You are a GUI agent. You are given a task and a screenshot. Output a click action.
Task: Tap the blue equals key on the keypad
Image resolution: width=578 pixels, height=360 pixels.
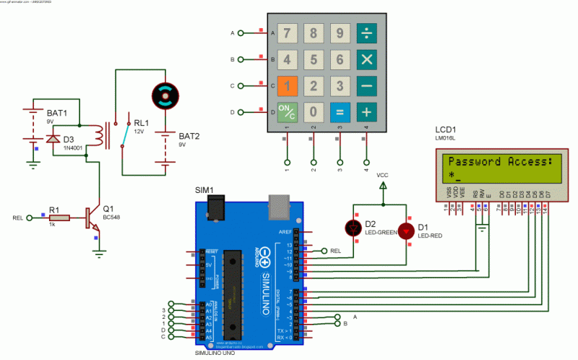(340, 112)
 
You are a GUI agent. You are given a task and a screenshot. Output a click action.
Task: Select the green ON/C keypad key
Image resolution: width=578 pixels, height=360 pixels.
(287, 112)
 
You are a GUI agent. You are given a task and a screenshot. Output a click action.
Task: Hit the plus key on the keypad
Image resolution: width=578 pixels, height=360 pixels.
(366, 112)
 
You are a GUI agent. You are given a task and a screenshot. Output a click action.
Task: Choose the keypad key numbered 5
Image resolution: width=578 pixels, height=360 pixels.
(313, 59)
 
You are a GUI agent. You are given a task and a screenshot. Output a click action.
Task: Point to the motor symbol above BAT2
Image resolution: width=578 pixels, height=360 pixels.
(167, 95)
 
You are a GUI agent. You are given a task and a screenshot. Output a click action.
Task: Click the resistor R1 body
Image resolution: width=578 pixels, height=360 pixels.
(59, 217)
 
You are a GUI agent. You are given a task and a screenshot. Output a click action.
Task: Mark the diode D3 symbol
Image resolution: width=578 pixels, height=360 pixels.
(52, 140)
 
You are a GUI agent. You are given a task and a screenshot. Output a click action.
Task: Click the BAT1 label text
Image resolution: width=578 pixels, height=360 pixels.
(56, 113)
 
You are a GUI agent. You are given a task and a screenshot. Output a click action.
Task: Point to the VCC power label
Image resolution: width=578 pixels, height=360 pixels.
(383, 175)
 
